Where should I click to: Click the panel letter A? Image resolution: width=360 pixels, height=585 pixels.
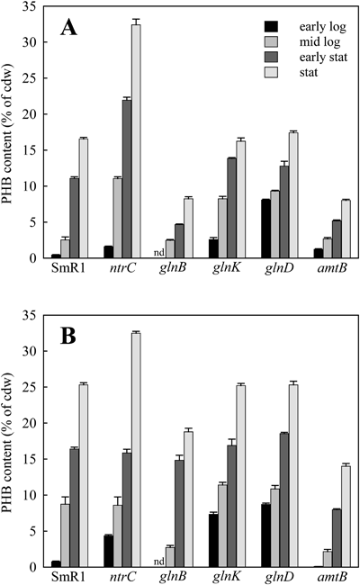[x=68, y=28]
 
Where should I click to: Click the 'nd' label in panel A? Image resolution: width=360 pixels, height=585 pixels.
[x=158, y=253]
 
